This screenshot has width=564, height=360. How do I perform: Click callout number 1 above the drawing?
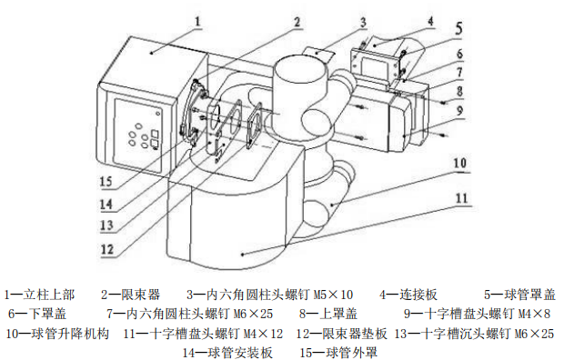(x=197, y=22)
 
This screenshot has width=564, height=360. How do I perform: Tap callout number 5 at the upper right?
(x=458, y=28)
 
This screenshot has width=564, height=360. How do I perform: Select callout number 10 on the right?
(x=459, y=164)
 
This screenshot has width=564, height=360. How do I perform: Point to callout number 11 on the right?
(x=461, y=198)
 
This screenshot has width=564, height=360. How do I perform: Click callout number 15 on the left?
(x=106, y=181)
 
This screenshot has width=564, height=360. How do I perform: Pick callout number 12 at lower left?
(x=106, y=249)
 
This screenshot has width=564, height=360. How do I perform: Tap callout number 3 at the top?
(x=363, y=23)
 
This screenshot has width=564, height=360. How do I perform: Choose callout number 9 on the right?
(x=459, y=110)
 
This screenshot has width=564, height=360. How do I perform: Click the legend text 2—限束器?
(x=130, y=295)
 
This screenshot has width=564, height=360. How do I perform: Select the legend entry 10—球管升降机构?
(x=57, y=334)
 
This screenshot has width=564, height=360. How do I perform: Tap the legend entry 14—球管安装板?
(x=227, y=353)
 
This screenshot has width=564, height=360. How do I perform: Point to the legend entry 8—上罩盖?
(x=328, y=314)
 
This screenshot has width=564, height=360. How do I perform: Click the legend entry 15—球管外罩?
(x=338, y=353)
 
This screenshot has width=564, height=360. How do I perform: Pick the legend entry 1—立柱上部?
(x=39, y=295)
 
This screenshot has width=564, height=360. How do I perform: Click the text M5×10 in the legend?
(x=333, y=295)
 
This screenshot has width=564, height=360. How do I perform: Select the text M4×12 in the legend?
(x=263, y=335)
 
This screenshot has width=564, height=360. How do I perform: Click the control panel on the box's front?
(x=138, y=135)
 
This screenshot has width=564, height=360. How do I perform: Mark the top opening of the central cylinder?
(x=300, y=65)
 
